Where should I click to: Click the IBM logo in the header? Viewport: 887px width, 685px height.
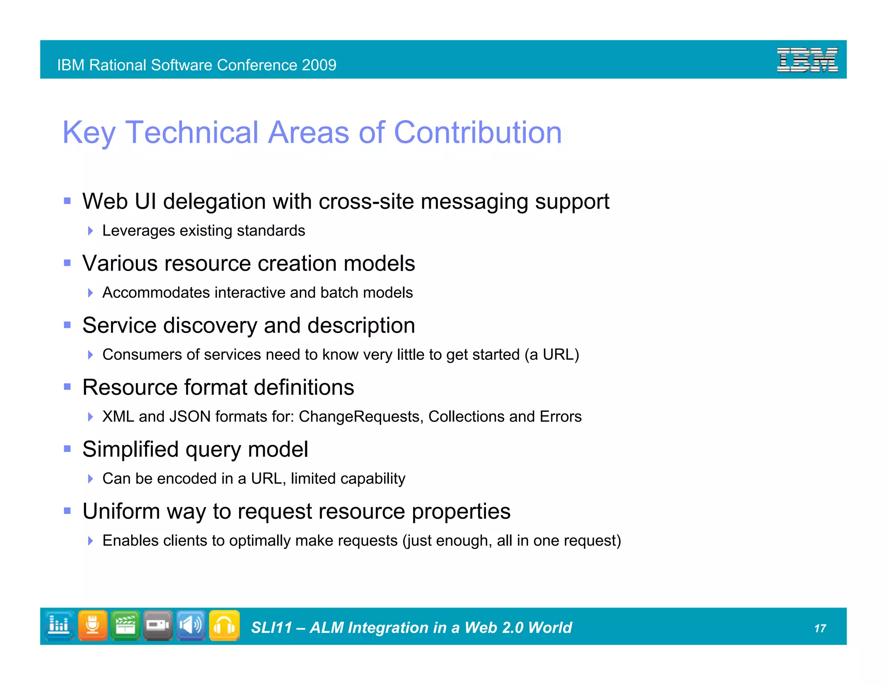(807, 60)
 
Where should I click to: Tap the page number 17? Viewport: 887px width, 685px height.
(820, 628)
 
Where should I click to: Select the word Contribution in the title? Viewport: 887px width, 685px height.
(477, 132)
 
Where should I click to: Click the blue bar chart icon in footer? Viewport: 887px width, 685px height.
(59, 625)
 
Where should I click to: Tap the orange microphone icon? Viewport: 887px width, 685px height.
(92, 625)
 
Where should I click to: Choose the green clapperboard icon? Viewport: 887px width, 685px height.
(126, 625)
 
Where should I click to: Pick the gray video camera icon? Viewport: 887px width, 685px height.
(158, 625)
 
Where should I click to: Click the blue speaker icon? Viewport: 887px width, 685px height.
(191, 625)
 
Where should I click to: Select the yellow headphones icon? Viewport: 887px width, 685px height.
(224, 625)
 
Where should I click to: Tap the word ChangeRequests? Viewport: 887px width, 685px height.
(359, 417)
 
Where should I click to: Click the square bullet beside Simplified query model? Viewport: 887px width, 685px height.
(67, 449)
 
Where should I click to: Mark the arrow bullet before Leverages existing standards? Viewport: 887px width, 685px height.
(90, 231)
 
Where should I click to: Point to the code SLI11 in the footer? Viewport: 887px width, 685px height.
(272, 627)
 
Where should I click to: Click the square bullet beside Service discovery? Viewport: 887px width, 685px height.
(67, 325)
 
